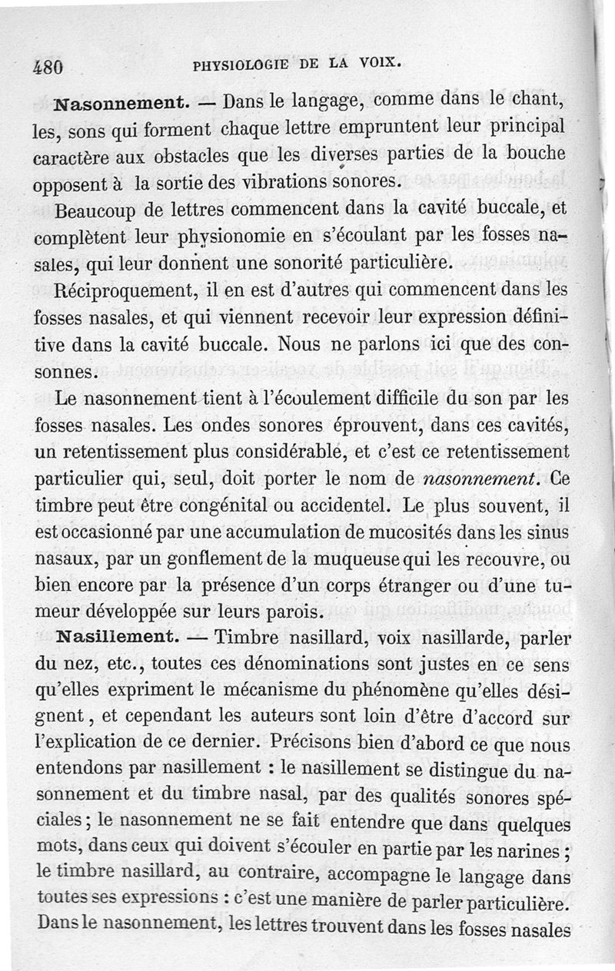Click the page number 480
pyautogui.click(x=47, y=66)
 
